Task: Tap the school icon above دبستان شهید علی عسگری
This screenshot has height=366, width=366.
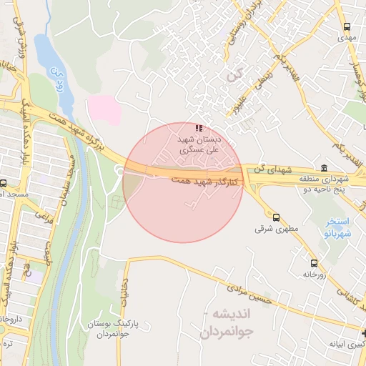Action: click(x=198, y=127)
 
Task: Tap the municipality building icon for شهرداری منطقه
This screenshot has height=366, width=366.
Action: click(x=325, y=168)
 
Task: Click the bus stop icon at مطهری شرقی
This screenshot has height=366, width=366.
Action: click(x=276, y=217)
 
